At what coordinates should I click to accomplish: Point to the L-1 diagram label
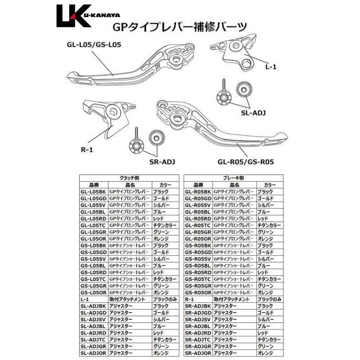271,66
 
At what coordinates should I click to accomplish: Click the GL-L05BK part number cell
92,192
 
